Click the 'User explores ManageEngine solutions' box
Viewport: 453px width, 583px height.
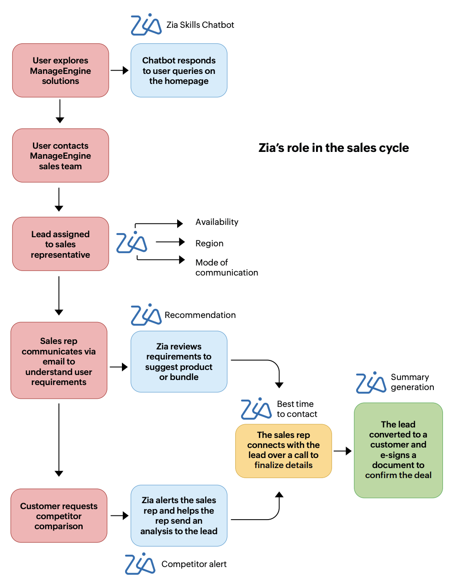click(x=60, y=71)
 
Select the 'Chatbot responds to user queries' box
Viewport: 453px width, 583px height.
click(x=179, y=71)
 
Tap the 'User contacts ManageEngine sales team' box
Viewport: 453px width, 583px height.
click(x=60, y=156)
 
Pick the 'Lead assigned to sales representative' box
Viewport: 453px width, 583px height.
click(x=60, y=244)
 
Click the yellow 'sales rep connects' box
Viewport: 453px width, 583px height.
click(x=283, y=450)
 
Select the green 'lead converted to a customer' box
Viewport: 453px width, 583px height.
click(x=398, y=450)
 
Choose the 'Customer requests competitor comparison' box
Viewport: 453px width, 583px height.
click(x=59, y=516)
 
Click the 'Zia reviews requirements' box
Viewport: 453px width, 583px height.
click(x=179, y=362)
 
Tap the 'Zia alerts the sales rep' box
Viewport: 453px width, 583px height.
click(x=179, y=515)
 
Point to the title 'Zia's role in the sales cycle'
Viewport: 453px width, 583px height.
click(x=333, y=148)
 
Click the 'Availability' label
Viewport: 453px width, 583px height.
click(x=216, y=222)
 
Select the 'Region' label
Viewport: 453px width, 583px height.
click(x=209, y=244)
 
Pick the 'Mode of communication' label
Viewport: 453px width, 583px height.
click(x=226, y=267)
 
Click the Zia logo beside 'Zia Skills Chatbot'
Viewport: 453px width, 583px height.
click(x=146, y=25)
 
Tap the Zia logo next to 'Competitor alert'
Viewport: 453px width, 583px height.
click(x=140, y=564)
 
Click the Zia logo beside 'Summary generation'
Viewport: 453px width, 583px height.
click(x=371, y=382)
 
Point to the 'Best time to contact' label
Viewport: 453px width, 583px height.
click(x=296, y=409)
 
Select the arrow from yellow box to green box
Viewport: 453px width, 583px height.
click(x=342, y=451)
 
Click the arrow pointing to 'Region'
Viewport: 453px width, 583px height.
click(x=170, y=242)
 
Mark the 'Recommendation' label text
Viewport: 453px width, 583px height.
click(x=200, y=315)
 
